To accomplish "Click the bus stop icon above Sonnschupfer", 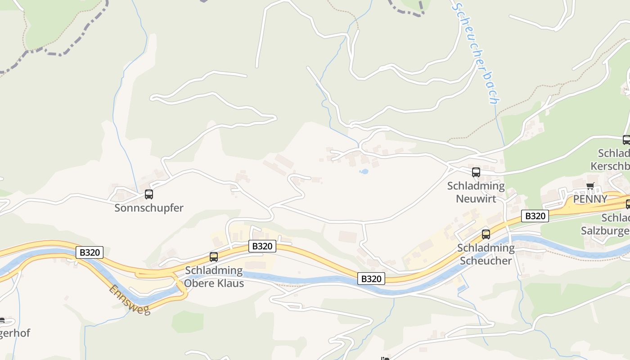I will [x=149, y=194].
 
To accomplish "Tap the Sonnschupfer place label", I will [x=149, y=208].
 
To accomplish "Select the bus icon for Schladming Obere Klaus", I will [x=214, y=257].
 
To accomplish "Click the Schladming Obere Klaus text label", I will [x=214, y=277].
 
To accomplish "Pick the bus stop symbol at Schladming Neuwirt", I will [x=476, y=172].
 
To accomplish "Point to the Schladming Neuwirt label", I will [x=476, y=192].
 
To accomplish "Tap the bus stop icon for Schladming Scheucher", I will [x=486, y=234].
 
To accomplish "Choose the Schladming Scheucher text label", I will [x=486, y=254].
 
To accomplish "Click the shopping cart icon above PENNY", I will [x=590, y=186].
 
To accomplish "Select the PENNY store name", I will [x=590, y=199].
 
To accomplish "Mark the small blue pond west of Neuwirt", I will [x=364, y=171].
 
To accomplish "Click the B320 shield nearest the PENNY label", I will [x=535, y=216].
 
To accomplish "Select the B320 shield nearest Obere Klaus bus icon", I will [x=262, y=246].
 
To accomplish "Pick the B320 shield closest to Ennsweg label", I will [x=89, y=252].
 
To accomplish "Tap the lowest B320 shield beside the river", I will [x=371, y=279].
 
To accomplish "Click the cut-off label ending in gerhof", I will [x=14, y=333].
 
